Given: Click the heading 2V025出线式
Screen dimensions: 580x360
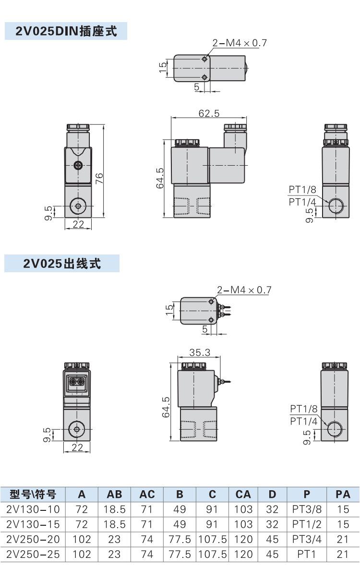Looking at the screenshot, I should (62, 264).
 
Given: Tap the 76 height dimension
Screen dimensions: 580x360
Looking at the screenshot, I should (99, 179).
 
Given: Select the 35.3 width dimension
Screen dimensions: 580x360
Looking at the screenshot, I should (199, 352).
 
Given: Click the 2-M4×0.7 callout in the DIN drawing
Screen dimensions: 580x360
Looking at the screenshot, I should (240, 43).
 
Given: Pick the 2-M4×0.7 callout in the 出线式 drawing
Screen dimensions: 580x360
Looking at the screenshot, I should (244, 290).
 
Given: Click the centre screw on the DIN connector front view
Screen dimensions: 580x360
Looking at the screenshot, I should (78, 166).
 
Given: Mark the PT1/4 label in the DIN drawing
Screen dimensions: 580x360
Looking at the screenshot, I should (302, 202).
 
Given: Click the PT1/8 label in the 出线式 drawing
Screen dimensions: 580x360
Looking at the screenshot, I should (304, 409).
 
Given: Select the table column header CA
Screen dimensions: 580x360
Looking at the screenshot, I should (243, 494).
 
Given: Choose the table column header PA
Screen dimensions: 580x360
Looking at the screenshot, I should (343, 494).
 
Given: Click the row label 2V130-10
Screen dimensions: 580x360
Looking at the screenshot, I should (33, 509).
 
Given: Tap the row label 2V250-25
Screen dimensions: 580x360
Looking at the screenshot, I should (33, 554).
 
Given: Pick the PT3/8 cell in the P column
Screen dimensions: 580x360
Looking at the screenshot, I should (307, 509).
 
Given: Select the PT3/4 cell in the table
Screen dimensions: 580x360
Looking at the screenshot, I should (307, 539).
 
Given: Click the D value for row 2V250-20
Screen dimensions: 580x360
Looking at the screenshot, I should (272, 539).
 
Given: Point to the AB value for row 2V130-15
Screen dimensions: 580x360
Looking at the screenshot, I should (114, 524).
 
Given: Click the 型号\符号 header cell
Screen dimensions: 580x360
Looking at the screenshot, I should (33, 494).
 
